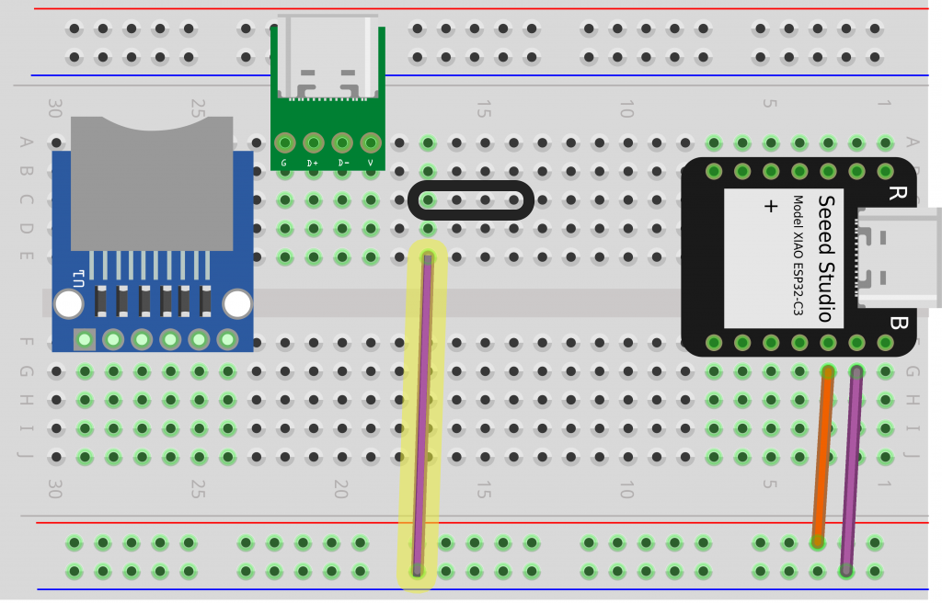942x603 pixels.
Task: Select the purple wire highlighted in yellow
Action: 422,414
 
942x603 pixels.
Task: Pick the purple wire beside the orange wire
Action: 851,469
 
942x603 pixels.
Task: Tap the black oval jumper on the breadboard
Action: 470,200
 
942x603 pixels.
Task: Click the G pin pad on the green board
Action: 284,143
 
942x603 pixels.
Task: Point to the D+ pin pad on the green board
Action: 313,143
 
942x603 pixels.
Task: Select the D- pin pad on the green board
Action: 342,143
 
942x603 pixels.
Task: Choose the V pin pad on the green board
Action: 371,143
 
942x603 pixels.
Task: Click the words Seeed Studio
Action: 825,258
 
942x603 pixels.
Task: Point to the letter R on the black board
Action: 896,193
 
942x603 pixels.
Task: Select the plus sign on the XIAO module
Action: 771,207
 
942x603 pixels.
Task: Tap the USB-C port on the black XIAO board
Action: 897,257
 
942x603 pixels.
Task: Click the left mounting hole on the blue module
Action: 68,303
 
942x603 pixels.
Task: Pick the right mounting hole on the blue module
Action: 237,303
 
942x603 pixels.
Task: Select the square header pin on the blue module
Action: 85,340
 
